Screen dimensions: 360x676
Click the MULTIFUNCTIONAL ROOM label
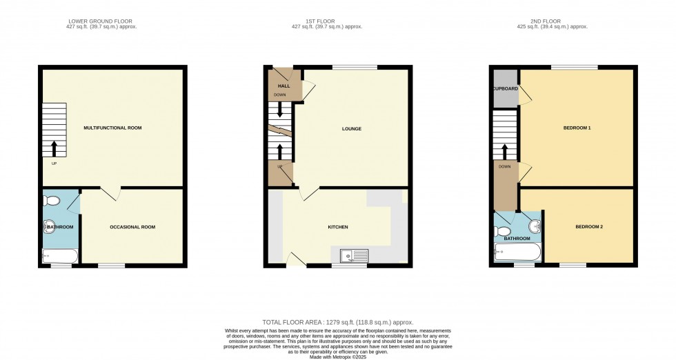tap(112, 128)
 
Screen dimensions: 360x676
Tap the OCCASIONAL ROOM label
tap(132, 227)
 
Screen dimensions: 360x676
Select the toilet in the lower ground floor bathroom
tap(51, 201)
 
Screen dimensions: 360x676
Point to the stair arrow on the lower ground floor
tap(54, 148)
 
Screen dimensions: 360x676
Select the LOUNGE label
tap(351, 129)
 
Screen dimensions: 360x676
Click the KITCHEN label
tap(338, 227)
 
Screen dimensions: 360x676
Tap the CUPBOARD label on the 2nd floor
tap(505, 89)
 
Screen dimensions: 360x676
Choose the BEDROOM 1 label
tap(577, 128)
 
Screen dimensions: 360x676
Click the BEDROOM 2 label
tap(589, 226)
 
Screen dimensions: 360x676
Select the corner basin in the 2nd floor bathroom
tap(535, 226)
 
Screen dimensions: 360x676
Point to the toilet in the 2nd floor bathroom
tap(504, 231)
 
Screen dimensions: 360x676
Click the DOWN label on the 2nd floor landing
tap(504, 166)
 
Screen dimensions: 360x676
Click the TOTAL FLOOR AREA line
tap(337, 322)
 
